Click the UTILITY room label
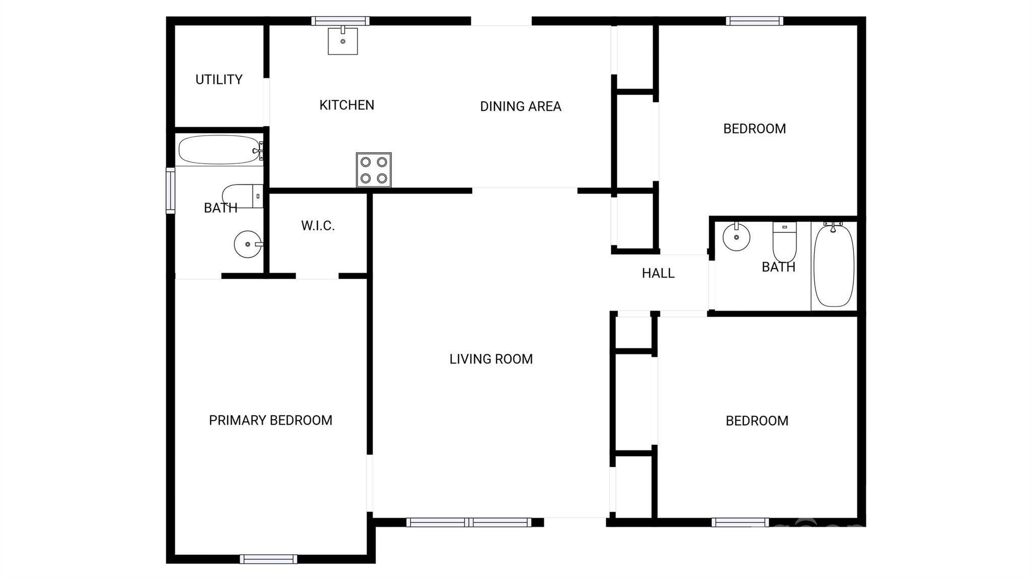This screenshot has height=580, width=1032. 219,79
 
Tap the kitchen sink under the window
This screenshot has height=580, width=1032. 343,41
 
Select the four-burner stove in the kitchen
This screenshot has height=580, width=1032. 373,170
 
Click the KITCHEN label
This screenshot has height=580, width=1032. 347,105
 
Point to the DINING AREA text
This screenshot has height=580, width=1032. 520,106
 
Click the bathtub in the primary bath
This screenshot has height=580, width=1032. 219,150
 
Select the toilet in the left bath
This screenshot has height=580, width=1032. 242,196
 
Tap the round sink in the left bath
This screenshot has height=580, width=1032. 247,244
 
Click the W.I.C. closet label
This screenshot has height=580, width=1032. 317,225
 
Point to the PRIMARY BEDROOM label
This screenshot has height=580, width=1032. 270,420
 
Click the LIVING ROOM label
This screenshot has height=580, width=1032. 491,359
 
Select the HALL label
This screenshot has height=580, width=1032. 658,273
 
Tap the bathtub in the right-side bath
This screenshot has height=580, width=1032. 833,266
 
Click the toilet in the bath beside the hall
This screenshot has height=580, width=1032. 784,241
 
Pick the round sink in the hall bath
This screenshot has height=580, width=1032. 736,237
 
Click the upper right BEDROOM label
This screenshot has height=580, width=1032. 754,128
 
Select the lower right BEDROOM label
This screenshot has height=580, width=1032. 756,421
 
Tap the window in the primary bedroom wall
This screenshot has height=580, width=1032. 268,559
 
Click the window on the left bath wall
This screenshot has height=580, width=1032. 170,190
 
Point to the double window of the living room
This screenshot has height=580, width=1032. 469,523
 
